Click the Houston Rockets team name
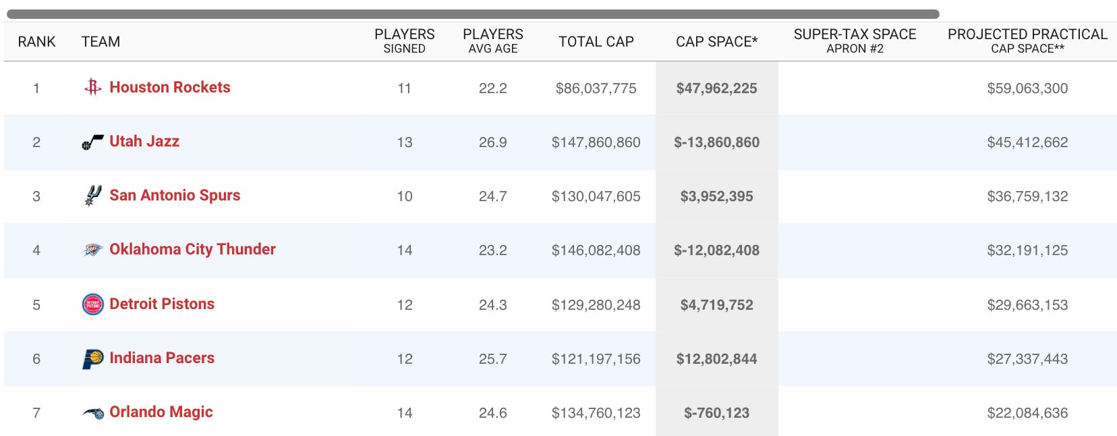click(169, 87)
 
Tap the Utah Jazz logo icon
click(92, 142)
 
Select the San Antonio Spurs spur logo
click(92, 196)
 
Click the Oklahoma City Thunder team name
click(192, 249)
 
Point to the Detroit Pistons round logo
click(92, 304)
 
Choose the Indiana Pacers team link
click(162, 358)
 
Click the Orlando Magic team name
click(161, 412)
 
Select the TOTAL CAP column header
click(596, 42)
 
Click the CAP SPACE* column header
click(716, 42)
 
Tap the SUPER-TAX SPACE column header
click(855, 40)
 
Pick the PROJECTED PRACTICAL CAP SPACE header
click(1027, 40)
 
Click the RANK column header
click(36, 42)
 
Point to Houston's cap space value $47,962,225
click(716, 88)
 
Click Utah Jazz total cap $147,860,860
click(596, 142)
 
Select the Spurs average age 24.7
click(492, 196)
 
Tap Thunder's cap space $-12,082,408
click(716, 250)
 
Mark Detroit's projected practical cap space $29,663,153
click(1027, 305)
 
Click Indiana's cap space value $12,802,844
click(716, 359)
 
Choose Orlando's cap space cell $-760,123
click(716, 413)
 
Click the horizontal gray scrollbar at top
click(472, 14)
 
